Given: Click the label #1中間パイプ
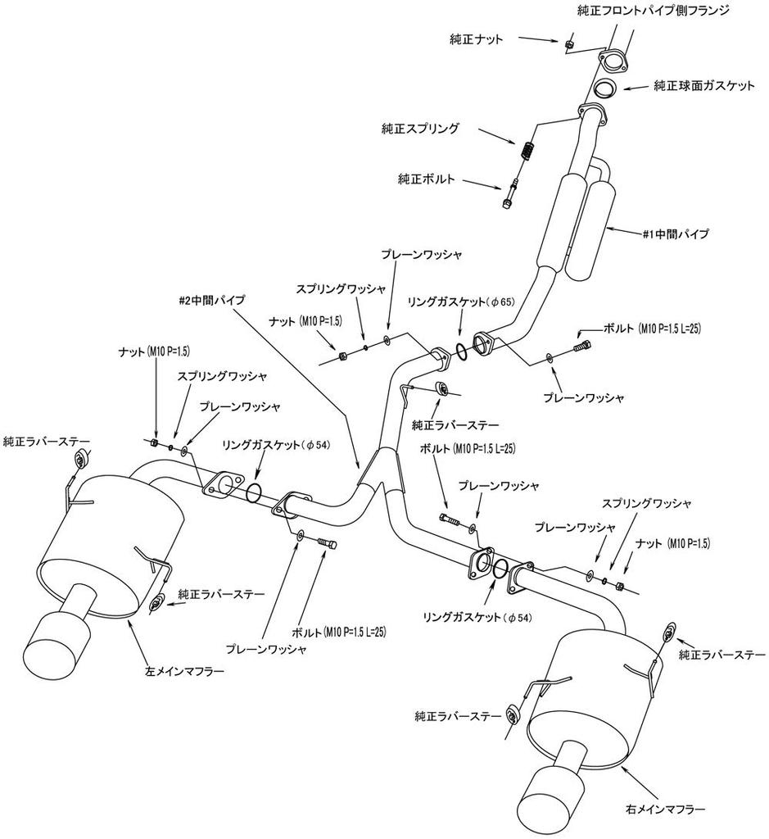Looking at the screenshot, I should (676, 234).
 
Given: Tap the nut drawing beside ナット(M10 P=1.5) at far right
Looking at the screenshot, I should (620, 586).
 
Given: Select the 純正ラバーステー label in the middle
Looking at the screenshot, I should (455, 424).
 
